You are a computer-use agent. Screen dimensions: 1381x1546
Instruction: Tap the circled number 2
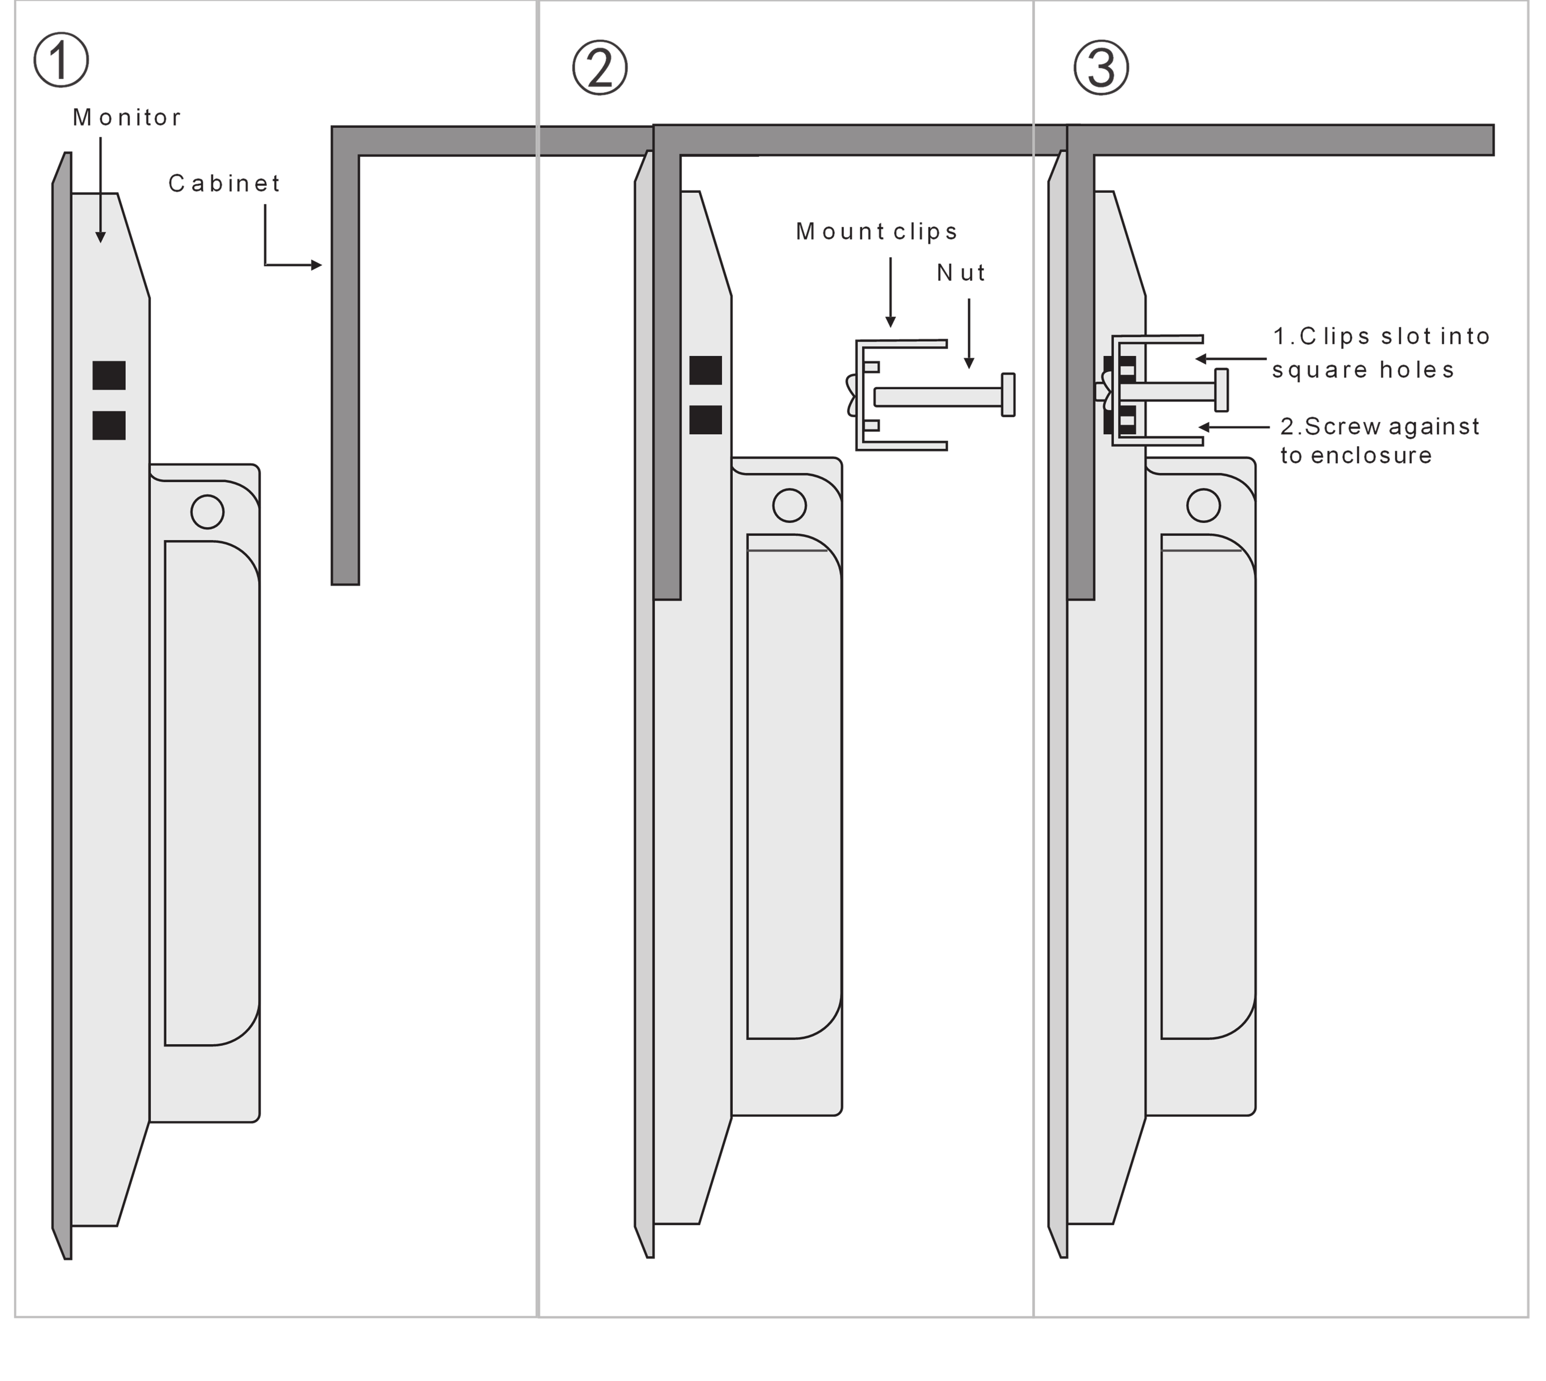click(599, 68)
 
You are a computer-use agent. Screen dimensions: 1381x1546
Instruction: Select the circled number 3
click(1101, 68)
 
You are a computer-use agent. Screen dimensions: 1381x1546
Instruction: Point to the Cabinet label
click(225, 184)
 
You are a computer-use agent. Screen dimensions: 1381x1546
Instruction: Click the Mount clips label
click(876, 231)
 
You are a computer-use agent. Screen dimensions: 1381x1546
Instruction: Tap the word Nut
click(961, 273)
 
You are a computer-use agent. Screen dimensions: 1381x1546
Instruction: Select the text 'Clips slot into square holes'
click(1381, 353)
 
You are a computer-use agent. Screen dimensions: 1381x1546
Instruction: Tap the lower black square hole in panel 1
click(108, 425)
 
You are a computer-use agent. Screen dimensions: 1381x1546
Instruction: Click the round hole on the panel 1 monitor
click(207, 512)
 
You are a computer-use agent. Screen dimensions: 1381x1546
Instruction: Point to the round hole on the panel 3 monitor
click(1203, 505)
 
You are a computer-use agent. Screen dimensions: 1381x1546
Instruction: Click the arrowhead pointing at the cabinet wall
click(316, 265)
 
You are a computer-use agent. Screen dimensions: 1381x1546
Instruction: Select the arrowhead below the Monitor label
click(100, 237)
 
